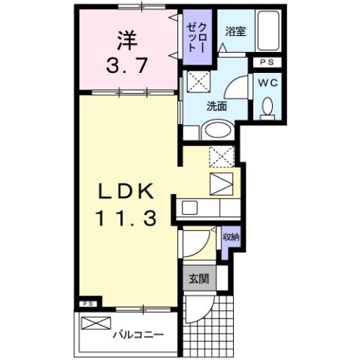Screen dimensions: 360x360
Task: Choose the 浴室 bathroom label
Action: click(235, 32)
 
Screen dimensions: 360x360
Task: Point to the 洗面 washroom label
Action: click(217, 105)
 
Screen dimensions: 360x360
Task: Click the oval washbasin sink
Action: click(219, 129)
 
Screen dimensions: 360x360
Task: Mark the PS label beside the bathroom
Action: click(266, 62)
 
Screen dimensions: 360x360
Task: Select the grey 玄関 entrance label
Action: click(198, 279)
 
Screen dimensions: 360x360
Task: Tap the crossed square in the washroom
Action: click(197, 80)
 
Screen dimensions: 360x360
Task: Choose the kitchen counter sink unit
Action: click(206, 206)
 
